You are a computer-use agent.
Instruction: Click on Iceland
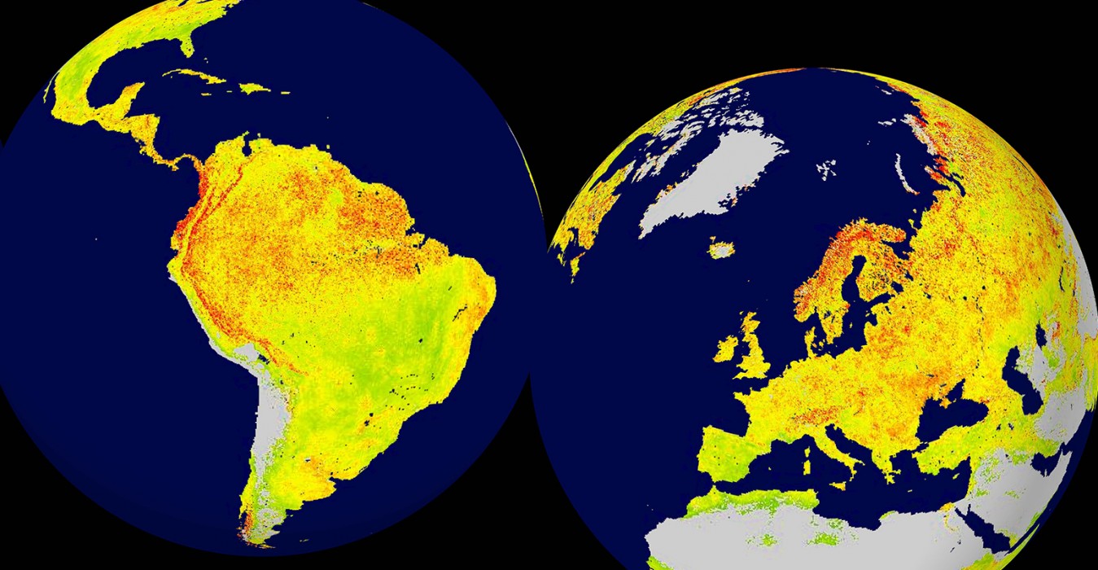click(x=720, y=248)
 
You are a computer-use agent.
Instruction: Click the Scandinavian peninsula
click(x=838, y=261)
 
